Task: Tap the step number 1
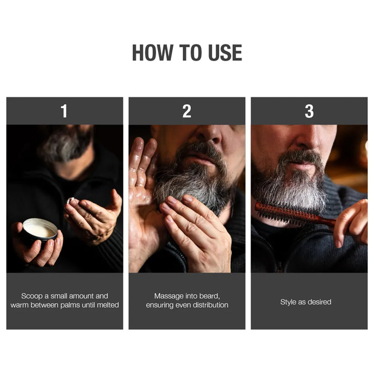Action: [64, 111]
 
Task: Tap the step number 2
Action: [187, 111]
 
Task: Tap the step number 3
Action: [309, 111]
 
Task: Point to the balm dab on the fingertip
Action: [71, 200]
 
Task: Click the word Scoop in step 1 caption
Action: [32, 296]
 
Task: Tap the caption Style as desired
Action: [306, 302]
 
